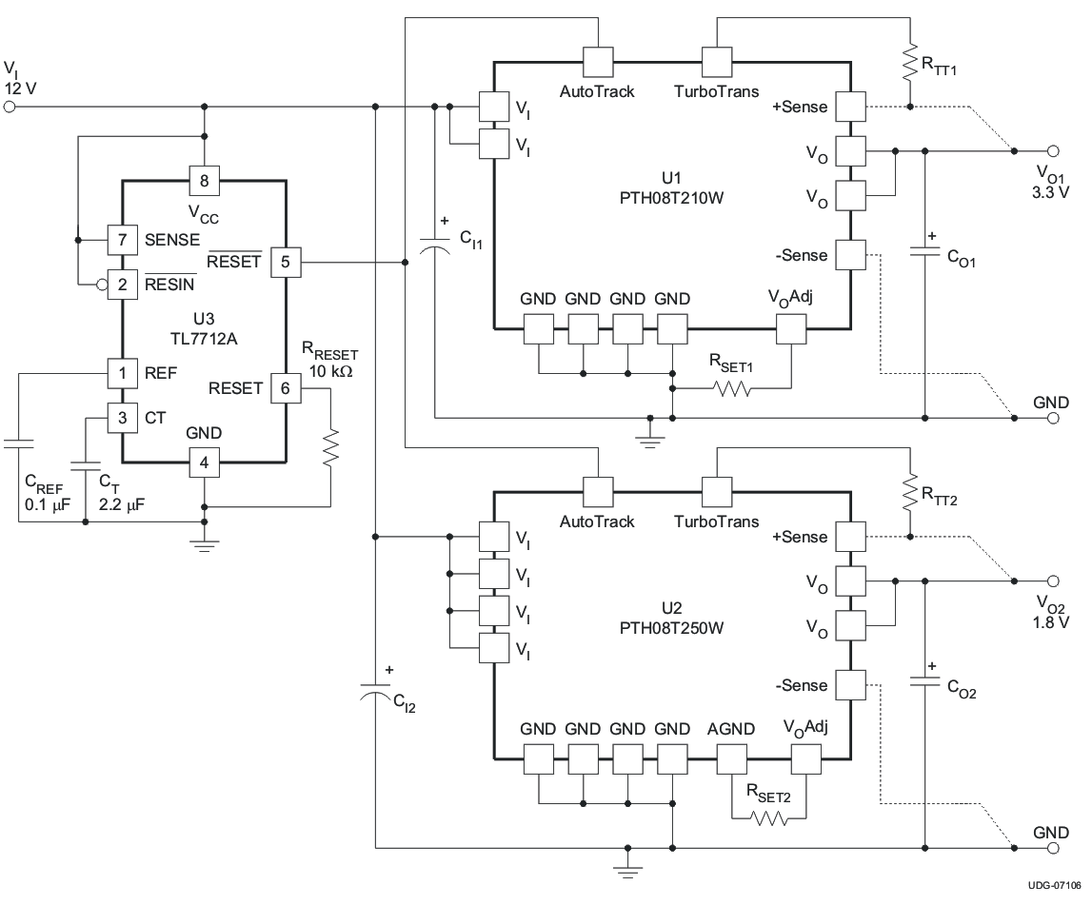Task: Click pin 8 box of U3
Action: tap(204, 178)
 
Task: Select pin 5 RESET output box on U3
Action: tap(286, 261)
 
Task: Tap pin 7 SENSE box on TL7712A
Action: tap(122, 241)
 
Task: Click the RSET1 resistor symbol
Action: tap(730, 388)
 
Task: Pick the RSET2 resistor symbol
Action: tap(768, 817)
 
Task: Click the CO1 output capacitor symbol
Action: tap(923, 251)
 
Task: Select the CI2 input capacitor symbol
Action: tap(377, 692)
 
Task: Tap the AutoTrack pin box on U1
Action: tap(597, 62)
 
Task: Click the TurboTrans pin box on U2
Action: tap(717, 492)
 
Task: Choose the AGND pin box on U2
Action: tap(731, 758)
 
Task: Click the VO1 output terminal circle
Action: tap(1052, 150)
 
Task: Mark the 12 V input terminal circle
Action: tap(10, 108)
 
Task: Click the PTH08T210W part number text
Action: tap(672, 198)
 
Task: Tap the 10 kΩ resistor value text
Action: tap(330, 372)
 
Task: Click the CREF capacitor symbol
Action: tap(17, 443)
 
